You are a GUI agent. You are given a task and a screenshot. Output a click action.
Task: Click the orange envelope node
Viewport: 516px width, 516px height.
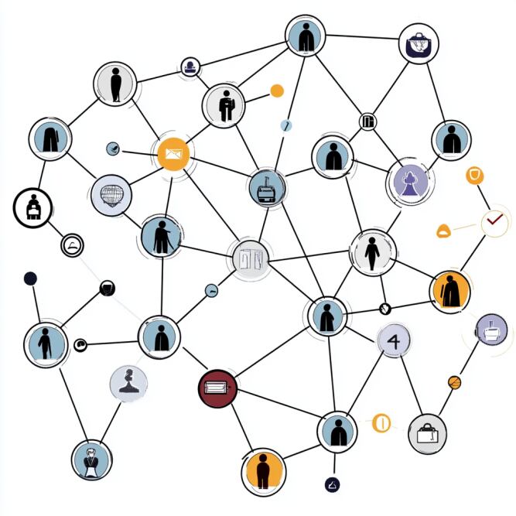point(173,155)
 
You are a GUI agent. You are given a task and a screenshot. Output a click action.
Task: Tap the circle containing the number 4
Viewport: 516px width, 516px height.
point(393,341)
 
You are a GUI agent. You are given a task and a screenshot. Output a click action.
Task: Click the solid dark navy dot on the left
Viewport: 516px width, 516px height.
point(30,278)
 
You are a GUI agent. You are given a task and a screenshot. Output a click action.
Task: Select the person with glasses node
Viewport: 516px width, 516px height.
point(92,460)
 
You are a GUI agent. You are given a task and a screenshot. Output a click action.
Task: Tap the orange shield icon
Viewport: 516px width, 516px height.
point(474,176)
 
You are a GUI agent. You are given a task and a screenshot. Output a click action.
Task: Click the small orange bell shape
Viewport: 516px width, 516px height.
point(444,229)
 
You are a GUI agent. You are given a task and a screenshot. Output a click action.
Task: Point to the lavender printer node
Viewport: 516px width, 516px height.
point(491,329)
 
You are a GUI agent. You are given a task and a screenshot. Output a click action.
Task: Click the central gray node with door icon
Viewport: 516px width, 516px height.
point(251,258)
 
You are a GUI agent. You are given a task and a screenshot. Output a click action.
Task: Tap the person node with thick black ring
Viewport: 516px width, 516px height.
point(32,207)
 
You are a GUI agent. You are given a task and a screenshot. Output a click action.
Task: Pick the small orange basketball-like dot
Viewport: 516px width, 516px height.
point(454,381)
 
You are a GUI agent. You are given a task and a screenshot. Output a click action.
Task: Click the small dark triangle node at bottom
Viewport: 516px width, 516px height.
point(333,485)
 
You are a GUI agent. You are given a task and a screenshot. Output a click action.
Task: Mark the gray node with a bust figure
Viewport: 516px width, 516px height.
point(128,381)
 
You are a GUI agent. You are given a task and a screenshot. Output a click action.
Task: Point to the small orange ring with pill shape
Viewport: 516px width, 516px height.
point(381,423)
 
